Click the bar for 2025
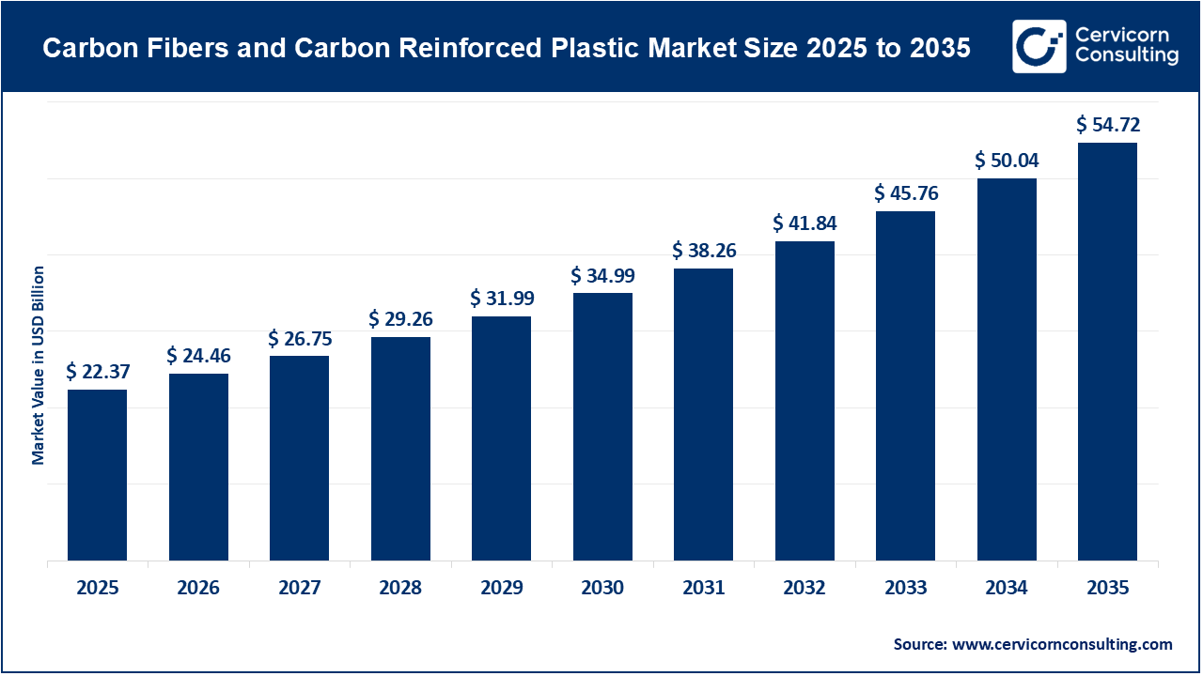(x=97, y=475)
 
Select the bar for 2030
(x=602, y=427)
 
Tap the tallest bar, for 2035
(x=1107, y=352)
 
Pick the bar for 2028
(x=400, y=449)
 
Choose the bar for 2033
(x=905, y=386)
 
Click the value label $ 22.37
(x=98, y=372)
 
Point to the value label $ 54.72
(x=1108, y=124)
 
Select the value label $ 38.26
(x=704, y=251)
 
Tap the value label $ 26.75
(x=300, y=337)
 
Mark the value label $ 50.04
(x=1008, y=161)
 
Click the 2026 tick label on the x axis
(x=198, y=589)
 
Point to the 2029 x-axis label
(x=502, y=589)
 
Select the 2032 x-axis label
(x=805, y=589)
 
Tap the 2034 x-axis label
(x=1007, y=589)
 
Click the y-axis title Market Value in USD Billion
(x=39, y=365)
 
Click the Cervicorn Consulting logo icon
(x=1039, y=46)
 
